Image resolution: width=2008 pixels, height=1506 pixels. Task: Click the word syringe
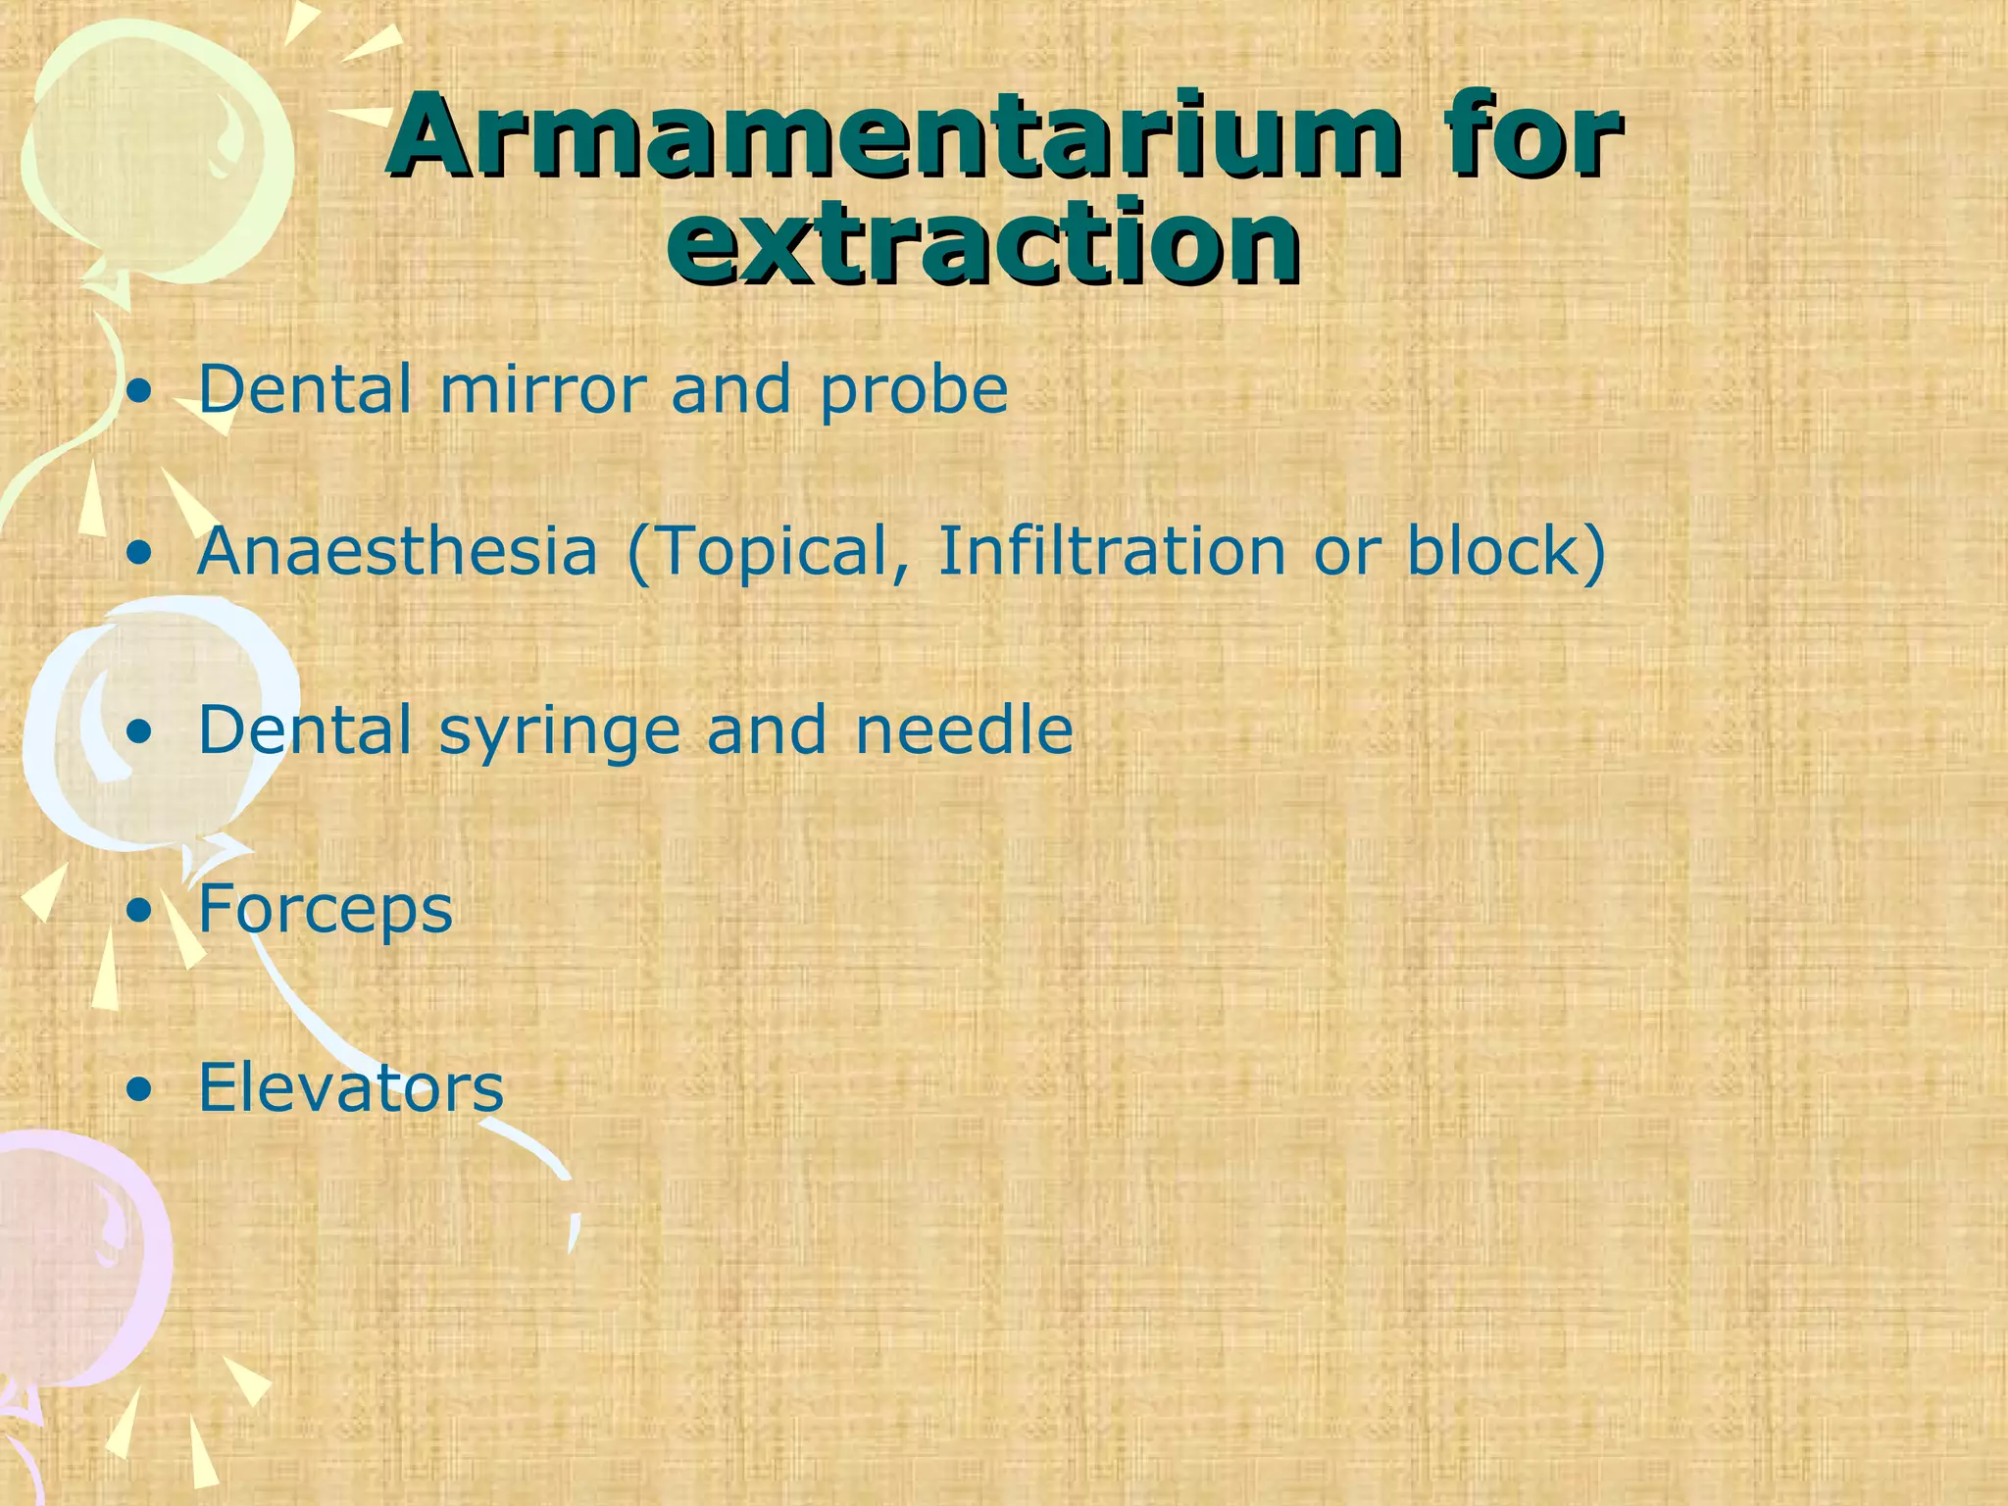click(x=559, y=732)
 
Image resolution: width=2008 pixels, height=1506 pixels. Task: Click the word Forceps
click(x=326, y=911)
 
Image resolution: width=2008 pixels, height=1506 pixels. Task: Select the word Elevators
click(x=351, y=1087)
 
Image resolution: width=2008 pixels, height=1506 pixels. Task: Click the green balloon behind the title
click(x=147, y=147)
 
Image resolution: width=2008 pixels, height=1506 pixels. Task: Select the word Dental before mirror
click(x=305, y=389)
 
